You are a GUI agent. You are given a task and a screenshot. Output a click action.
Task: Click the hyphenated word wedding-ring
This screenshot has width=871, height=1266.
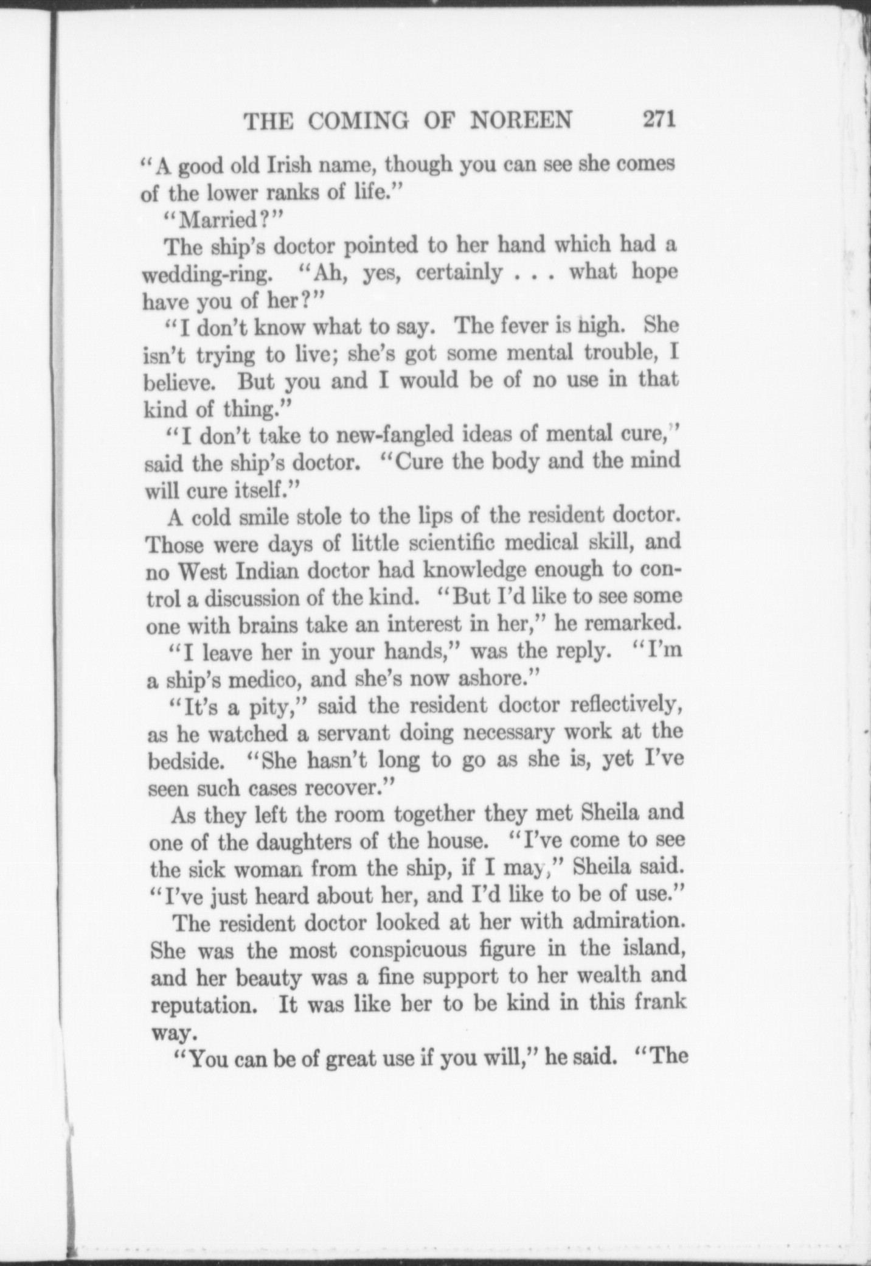coord(206,275)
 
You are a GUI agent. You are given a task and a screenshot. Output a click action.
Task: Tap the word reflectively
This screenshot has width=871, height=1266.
coord(623,706)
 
